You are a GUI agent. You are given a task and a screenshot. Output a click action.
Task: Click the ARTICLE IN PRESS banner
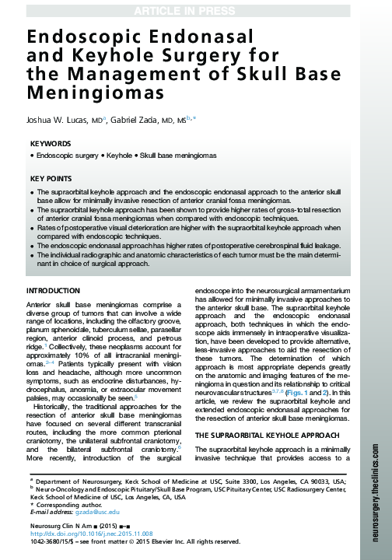click(196, 9)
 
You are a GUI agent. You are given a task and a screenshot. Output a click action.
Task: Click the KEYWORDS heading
click(50, 144)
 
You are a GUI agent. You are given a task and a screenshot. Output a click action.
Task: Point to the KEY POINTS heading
click(51, 178)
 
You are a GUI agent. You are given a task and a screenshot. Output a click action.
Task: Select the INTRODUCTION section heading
click(57, 290)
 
